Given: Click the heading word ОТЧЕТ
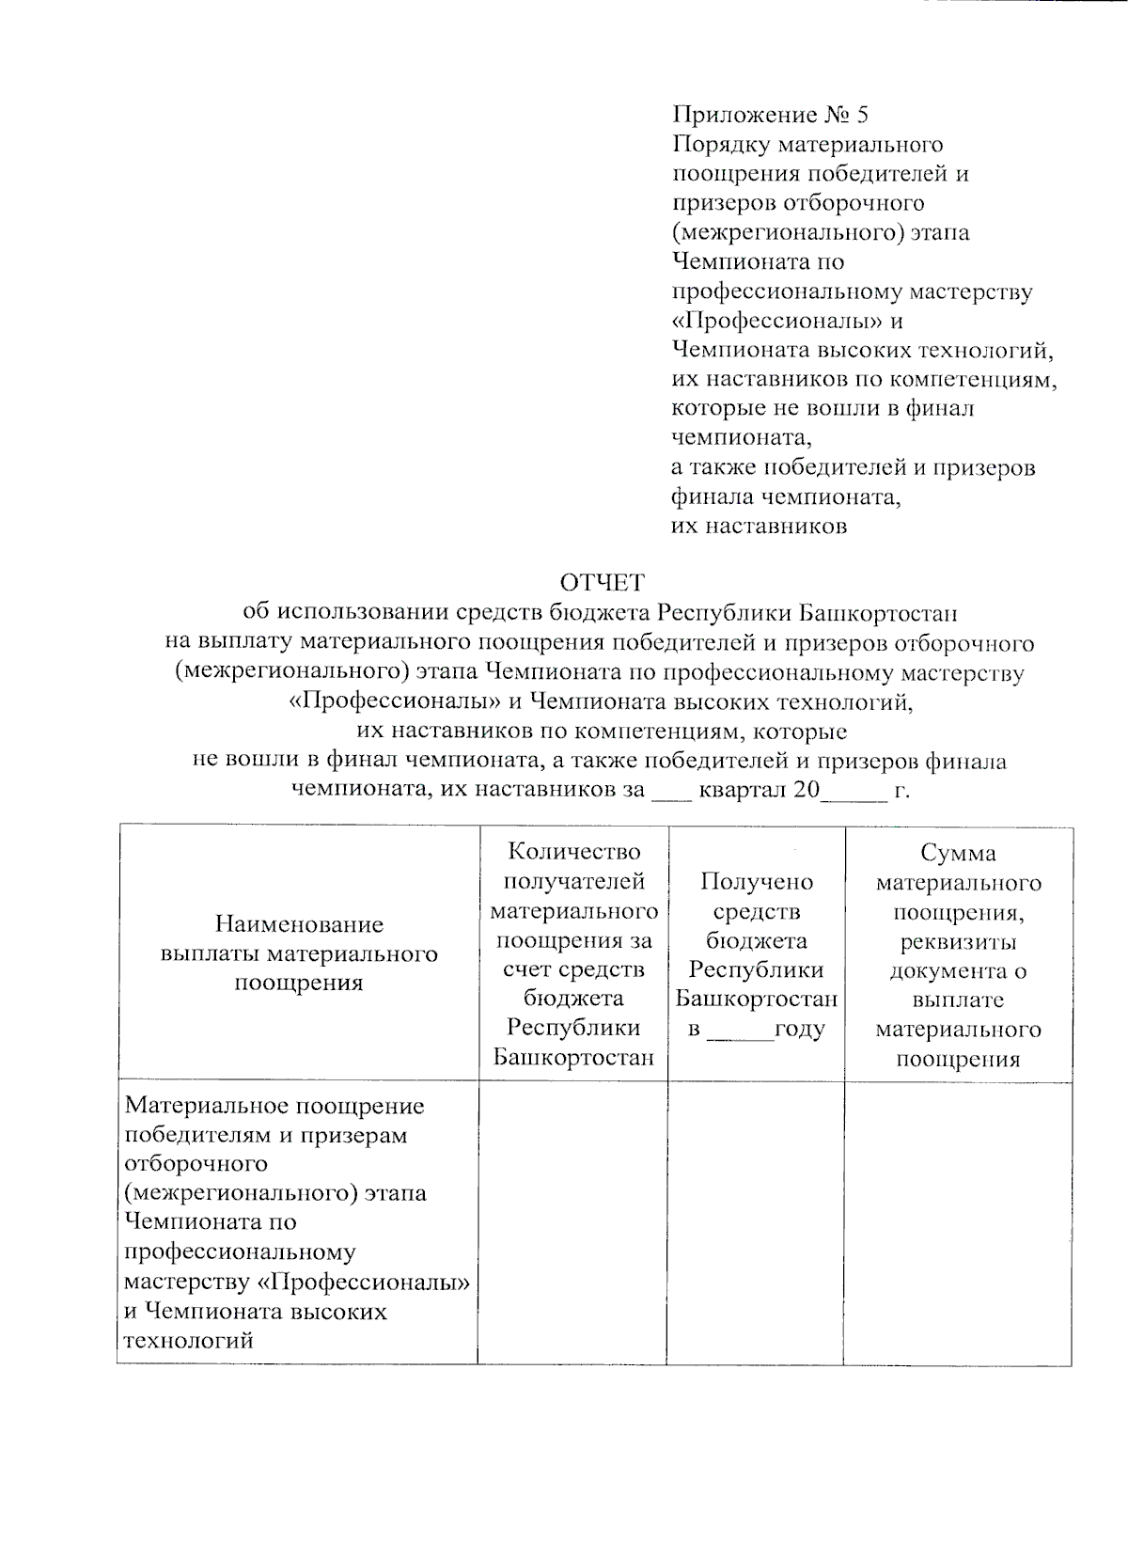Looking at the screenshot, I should [603, 583].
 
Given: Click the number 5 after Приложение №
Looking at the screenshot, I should [862, 115].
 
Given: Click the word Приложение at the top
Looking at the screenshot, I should [744, 115].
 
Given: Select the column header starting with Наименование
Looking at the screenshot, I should [299, 953].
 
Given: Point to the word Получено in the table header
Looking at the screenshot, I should [757, 882].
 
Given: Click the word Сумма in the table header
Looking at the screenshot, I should [958, 853].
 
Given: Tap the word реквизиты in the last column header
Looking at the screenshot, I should [958, 941].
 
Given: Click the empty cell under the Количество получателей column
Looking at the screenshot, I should [572, 1221].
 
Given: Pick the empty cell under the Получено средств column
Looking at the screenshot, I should [755, 1221].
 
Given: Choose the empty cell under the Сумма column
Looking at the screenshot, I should [957, 1221].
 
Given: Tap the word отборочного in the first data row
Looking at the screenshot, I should [196, 1164].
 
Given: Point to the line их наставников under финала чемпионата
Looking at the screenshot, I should [759, 527].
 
